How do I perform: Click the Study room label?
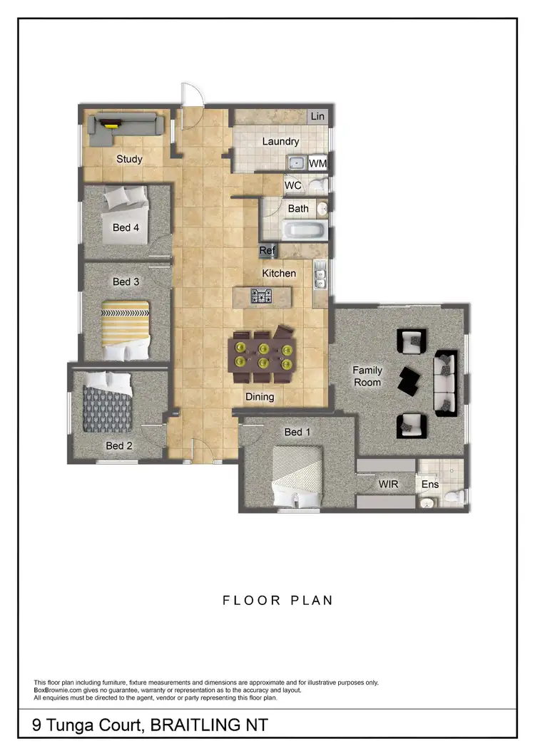pos(129,159)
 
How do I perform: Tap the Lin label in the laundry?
pos(317,116)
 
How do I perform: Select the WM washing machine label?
pos(318,163)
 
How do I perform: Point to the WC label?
pos(293,185)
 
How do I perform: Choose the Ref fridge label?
pos(267,251)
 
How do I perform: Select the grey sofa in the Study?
pos(126,127)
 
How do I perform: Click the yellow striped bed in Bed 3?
pos(126,330)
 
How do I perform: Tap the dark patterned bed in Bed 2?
pos(108,404)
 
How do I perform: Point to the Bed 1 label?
pos(297,432)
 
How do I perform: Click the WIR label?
pos(388,484)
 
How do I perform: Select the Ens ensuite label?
pos(430,485)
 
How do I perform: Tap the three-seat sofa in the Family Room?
pos(446,383)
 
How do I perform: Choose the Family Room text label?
pos(367,376)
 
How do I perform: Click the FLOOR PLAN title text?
pos(278,600)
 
